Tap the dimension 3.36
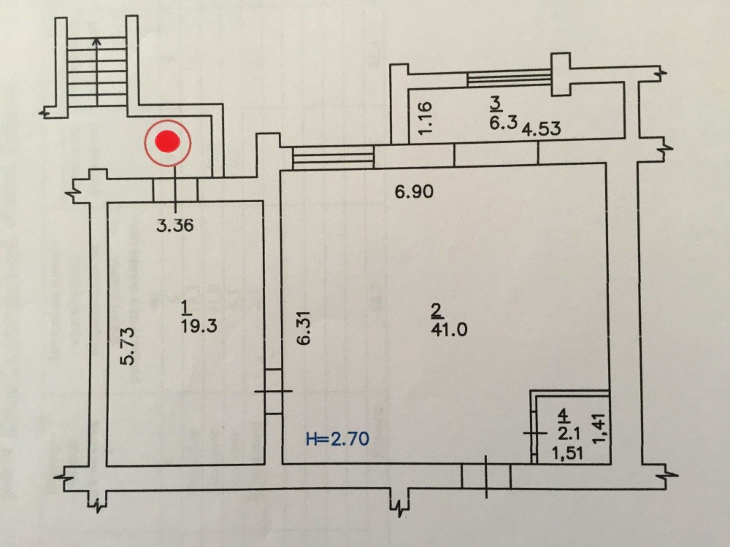pyautogui.click(x=175, y=226)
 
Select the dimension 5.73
pyautogui.click(x=127, y=346)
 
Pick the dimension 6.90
pyautogui.click(x=415, y=193)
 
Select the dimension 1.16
pyautogui.click(x=429, y=116)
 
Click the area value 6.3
pyautogui.click(x=502, y=122)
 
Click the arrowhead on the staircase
pyautogui.click(x=97, y=42)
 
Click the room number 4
pyautogui.click(x=563, y=416)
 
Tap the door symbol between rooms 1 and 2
pyautogui.click(x=273, y=392)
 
